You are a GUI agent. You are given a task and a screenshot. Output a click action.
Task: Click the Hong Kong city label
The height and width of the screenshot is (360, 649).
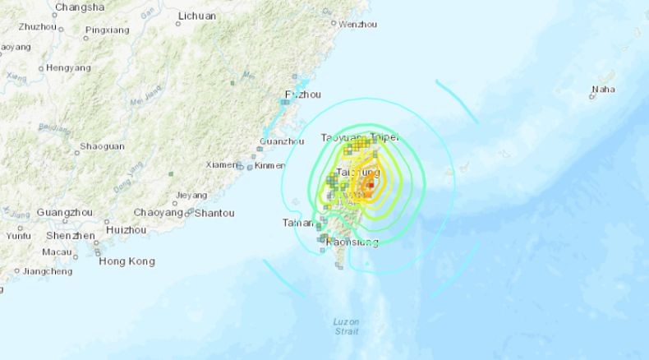pos(127,261)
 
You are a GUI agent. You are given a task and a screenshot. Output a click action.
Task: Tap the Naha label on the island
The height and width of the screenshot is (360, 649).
pos(604,88)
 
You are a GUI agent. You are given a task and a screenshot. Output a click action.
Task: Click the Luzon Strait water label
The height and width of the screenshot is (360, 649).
pos(347,326)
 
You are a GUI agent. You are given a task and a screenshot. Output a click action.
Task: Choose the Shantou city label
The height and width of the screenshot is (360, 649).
pos(214,213)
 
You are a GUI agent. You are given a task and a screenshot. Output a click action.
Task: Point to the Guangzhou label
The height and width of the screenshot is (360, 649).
pos(62,212)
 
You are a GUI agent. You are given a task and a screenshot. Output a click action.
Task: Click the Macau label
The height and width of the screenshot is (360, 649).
pos(57,252)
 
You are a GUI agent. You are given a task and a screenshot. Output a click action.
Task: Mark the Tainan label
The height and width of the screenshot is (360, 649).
pos(297,222)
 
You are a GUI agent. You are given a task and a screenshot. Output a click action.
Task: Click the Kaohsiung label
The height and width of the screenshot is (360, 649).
pos(352,242)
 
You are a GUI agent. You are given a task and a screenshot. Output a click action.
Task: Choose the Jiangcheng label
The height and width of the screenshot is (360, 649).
pos(47,270)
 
